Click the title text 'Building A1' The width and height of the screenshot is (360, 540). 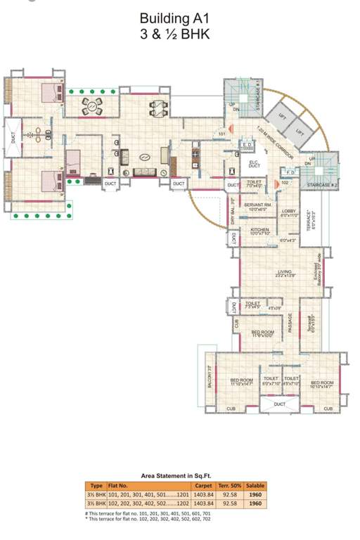click(x=174, y=19)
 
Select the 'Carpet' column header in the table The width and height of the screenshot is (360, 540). click(x=203, y=486)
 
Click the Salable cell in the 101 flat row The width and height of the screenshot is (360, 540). click(x=255, y=494)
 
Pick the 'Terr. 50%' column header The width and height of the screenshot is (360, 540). click(x=229, y=486)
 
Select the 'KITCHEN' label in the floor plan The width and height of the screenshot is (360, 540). click(x=259, y=231)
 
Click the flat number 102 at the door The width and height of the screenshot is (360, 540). click(x=285, y=183)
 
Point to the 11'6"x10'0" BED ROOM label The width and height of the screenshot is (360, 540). click(x=262, y=333)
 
